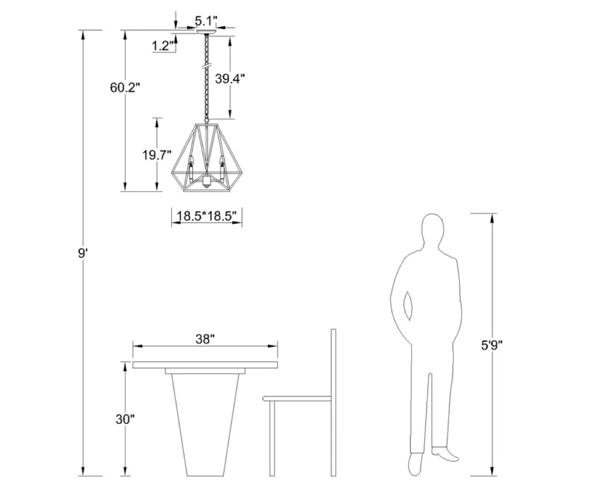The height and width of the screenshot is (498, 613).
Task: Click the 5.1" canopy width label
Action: pyautogui.click(x=206, y=21)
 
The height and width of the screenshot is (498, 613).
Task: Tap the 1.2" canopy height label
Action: pyautogui.click(x=163, y=46)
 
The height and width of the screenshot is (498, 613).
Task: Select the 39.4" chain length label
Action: pyautogui.click(x=230, y=79)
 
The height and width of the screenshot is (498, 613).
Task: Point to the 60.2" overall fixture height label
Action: pyautogui.click(x=125, y=87)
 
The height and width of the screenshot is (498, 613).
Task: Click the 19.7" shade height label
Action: pyautogui.click(x=157, y=155)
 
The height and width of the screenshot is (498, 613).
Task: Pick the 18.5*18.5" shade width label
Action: pyautogui.click(x=206, y=216)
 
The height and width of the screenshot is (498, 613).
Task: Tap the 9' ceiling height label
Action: pyautogui.click(x=83, y=254)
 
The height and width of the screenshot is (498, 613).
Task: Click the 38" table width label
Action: pyautogui.click(x=205, y=339)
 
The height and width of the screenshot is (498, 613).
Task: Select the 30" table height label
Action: pyautogui.click(x=125, y=419)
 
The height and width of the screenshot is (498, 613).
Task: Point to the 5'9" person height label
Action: pyautogui.click(x=492, y=345)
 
